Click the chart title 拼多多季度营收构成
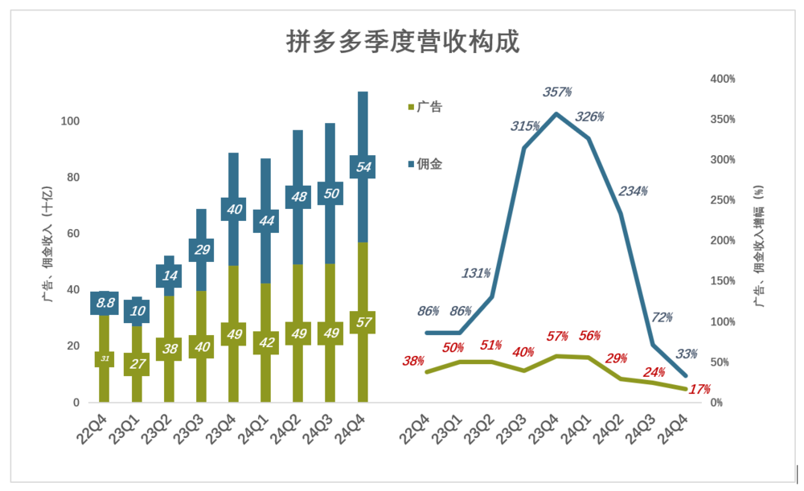402,40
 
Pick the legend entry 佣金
429,164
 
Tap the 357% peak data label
556,92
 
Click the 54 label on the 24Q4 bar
363,167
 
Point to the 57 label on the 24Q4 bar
363,323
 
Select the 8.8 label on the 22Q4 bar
105,304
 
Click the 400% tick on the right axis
724,79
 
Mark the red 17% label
700,389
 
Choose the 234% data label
633,191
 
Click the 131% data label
476,273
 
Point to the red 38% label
413,361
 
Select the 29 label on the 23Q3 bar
202,250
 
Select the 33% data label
687,354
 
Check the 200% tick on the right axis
724,160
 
